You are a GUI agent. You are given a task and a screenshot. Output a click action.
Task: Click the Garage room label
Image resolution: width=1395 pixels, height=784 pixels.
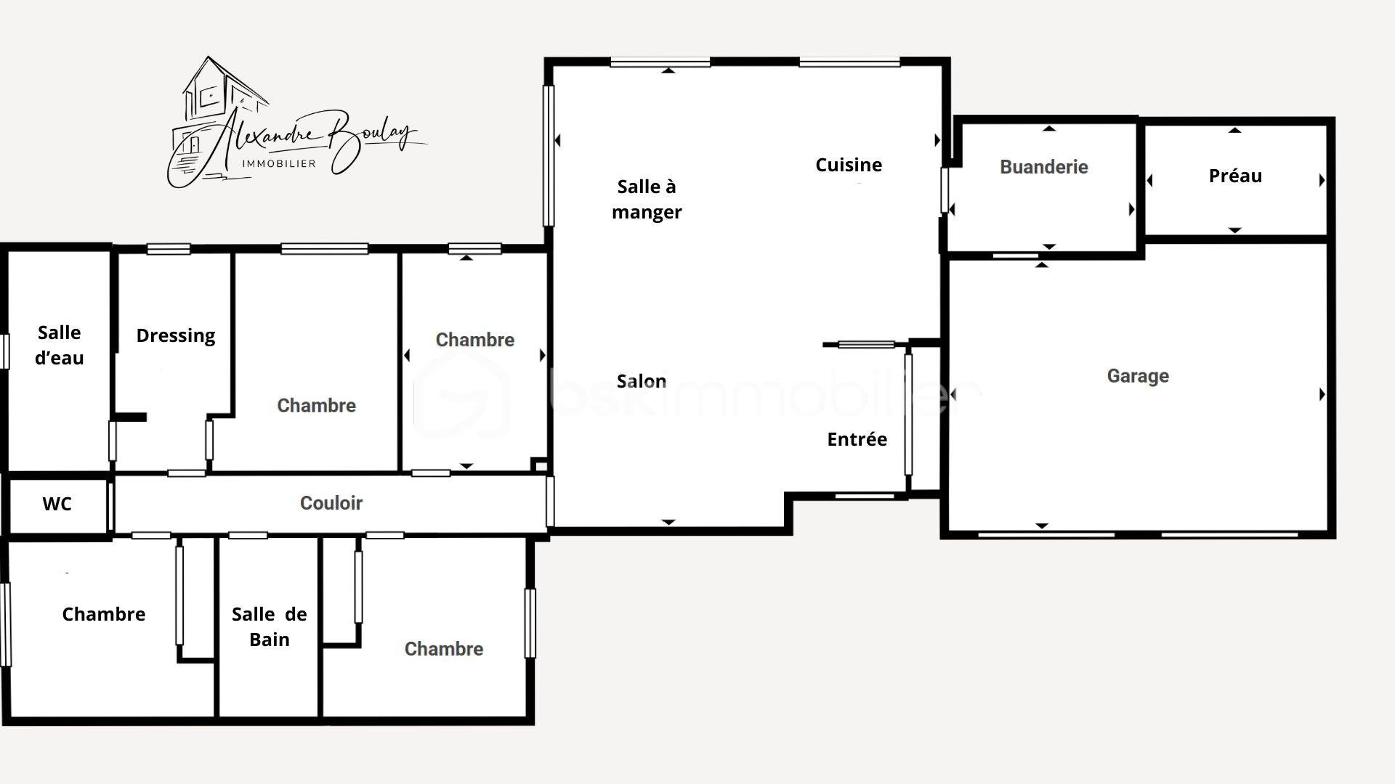(x=1138, y=376)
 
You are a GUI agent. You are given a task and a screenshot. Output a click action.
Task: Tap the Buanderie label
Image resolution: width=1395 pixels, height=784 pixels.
(x=1043, y=167)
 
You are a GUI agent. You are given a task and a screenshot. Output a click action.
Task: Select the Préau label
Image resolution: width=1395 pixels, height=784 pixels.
(x=1235, y=176)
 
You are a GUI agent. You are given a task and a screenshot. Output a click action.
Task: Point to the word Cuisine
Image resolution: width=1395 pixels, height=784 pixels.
(x=849, y=165)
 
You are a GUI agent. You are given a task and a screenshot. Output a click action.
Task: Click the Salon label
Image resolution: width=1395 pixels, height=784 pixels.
(x=642, y=381)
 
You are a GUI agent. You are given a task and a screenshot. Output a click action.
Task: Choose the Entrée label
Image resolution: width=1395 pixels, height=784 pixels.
(x=857, y=439)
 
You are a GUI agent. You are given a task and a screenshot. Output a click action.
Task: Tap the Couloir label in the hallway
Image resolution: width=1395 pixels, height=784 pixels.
(x=331, y=503)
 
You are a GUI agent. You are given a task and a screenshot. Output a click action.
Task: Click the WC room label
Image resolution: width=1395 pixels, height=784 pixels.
(x=57, y=504)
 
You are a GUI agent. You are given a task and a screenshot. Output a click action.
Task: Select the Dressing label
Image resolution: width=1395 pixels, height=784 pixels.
(x=176, y=336)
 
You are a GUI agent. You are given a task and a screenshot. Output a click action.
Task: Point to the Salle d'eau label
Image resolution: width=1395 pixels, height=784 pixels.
(x=60, y=345)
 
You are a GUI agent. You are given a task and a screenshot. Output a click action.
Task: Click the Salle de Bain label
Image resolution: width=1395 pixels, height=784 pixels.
(x=270, y=626)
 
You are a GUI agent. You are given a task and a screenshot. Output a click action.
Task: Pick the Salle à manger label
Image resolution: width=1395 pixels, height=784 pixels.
(x=647, y=199)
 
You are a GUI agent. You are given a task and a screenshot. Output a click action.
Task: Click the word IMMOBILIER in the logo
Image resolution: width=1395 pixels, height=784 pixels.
(x=279, y=163)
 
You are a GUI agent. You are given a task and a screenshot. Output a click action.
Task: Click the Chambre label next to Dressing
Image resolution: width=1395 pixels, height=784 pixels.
(x=317, y=405)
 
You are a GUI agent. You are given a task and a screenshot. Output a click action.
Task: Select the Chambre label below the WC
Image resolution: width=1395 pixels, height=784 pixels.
(x=104, y=614)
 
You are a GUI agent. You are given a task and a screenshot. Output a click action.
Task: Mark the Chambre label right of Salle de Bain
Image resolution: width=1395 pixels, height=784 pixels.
(x=444, y=649)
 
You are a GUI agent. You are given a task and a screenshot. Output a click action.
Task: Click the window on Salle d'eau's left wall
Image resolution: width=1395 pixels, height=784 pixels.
(x=5, y=351)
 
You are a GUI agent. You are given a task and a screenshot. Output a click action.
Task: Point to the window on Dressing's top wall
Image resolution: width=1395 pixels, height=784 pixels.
(x=169, y=249)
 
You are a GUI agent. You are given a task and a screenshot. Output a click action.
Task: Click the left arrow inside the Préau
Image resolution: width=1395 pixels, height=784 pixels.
(x=1149, y=180)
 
